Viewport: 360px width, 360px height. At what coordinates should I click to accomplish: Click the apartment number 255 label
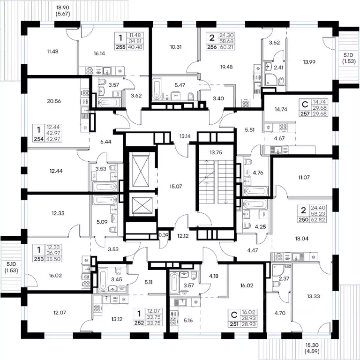tap(120, 47)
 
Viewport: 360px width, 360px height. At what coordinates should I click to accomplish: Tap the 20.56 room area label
tap(54, 101)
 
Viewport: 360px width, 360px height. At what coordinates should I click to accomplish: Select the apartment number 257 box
tap(305, 113)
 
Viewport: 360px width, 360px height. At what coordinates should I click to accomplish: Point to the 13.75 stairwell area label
tap(216, 152)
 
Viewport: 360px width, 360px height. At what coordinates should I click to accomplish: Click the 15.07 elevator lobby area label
tap(176, 187)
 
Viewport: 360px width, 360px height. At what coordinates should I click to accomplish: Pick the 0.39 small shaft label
tap(164, 235)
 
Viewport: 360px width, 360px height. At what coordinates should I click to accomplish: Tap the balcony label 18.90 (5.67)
tap(63, 11)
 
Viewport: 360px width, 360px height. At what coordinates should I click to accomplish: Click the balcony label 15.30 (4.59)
tap(312, 348)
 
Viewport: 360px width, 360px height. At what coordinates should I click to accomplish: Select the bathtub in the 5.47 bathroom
tap(157, 90)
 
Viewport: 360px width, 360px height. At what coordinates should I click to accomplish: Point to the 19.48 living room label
tap(226, 67)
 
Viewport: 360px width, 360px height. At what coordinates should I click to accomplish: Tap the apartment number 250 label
tap(303, 220)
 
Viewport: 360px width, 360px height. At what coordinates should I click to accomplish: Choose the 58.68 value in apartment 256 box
tap(226, 41)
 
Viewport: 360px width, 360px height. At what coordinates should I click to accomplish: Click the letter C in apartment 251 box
tap(234, 315)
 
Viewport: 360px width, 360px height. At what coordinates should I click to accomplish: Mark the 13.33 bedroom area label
tap(314, 296)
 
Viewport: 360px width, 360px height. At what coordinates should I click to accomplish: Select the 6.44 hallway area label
tap(106, 142)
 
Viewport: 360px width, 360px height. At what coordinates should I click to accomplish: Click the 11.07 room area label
tap(304, 177)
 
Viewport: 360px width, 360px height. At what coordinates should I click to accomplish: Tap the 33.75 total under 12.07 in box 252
tap(155, 317)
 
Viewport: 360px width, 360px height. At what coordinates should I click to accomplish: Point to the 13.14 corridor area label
tap(185, 136)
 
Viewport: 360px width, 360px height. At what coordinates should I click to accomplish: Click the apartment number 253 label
tap(39, 259)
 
